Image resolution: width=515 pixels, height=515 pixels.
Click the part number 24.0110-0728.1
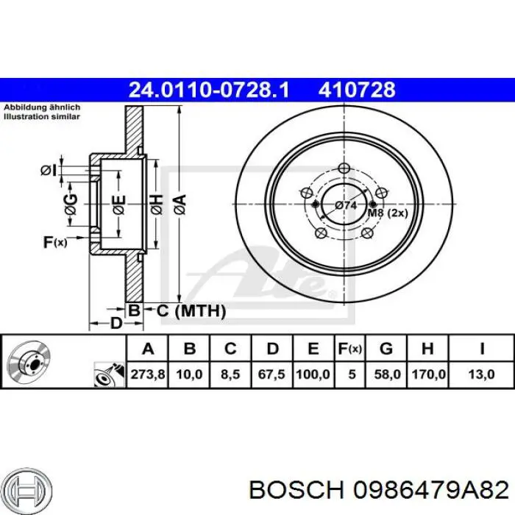pyautogui.click(x=209, y=90)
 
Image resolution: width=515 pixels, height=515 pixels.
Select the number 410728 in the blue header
pyautogui.click(x=357, y=90)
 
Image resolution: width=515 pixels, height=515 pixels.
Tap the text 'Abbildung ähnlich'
pyautogui.click(x=42, y=107)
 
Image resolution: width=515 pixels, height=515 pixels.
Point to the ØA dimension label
pyautogui.click(x=179, y=201)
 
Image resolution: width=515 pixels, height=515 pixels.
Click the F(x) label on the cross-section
pyautogui.click(x=55, y=241)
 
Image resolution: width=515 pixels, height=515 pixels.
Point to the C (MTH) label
pyautogui.click(x=190, y=311)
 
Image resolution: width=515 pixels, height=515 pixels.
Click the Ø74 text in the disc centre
pyautogui.click(x=345, y=205)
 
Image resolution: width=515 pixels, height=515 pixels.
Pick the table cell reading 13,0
pyautogui.click(x=482, y=374)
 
